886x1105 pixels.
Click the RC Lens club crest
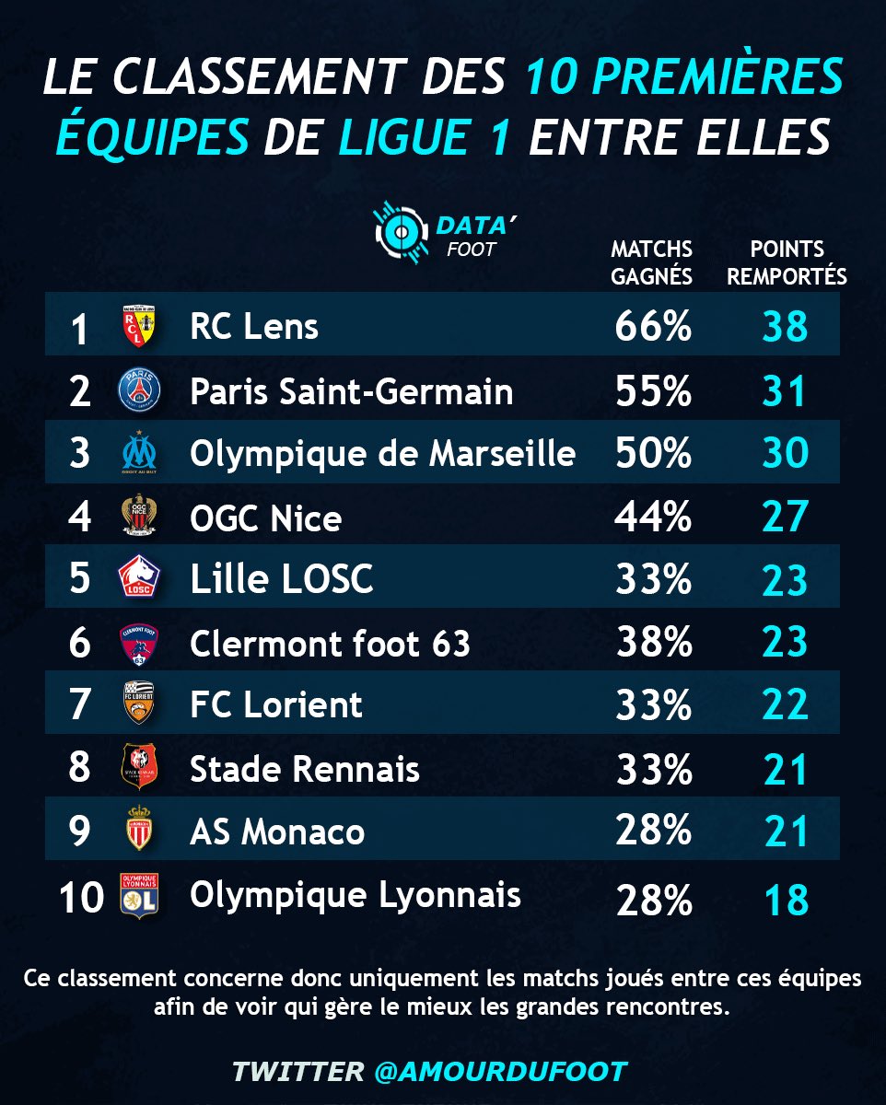pos(138,328)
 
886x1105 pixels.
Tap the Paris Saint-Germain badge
pos(139,391)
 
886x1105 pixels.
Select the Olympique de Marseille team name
pos(382,453)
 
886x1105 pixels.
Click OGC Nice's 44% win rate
pos(653,518)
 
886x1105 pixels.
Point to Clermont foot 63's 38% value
pos(653,642)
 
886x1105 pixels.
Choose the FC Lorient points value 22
pos(786,705)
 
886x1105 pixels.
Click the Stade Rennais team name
pos(305,769)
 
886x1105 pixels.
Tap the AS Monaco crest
pos(139,829)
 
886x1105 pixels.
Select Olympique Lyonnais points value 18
pos(786,900)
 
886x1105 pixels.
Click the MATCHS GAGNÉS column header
pos(652,262)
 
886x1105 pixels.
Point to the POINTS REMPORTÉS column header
pos(787,262)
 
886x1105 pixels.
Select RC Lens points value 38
pos(786,327)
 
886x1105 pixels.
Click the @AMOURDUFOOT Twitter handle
pos(501,1071)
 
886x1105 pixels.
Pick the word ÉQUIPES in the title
pos(152,138)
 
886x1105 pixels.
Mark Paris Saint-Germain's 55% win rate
pos(653,391)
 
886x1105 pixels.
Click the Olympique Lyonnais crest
pos(139,896)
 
